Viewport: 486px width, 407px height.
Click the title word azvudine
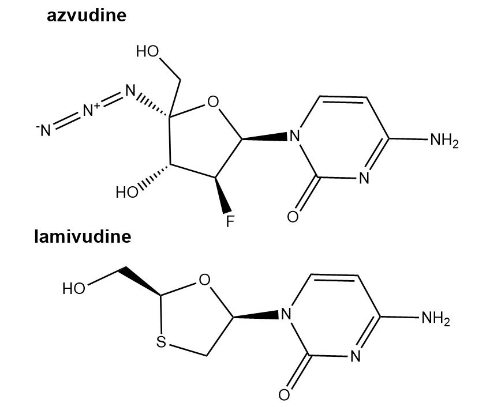[x=87, y=16]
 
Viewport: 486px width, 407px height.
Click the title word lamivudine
[x=83, y=236]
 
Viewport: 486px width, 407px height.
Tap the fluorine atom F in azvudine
[x=230, y=221]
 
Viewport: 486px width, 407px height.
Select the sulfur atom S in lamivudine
[x=161, y=342]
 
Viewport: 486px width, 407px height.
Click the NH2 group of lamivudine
[x=435, y=318]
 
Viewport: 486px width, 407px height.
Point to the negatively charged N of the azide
[x=44, y=130]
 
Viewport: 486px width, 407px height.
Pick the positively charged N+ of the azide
[x=91, y=110]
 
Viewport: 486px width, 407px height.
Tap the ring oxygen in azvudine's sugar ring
[x=213, y=101]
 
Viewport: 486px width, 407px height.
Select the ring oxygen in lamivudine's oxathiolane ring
[x=204, y=280]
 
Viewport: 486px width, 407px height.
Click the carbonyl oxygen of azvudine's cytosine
[x=293, y=216]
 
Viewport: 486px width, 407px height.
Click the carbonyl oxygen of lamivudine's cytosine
[x=284, y=394]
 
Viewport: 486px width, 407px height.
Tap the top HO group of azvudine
[x=148, y=51]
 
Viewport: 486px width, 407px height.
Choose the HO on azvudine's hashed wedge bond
[x=127, y=192]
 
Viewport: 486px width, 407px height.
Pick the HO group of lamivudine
[x=74, y=288]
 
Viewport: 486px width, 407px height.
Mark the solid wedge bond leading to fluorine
[x=223, y=195]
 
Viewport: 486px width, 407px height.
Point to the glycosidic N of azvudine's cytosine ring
[x=295, y=136]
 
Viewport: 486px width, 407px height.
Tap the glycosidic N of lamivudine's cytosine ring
[x=286, y=314]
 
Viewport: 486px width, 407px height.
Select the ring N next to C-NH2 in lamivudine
[x=355, y=356]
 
